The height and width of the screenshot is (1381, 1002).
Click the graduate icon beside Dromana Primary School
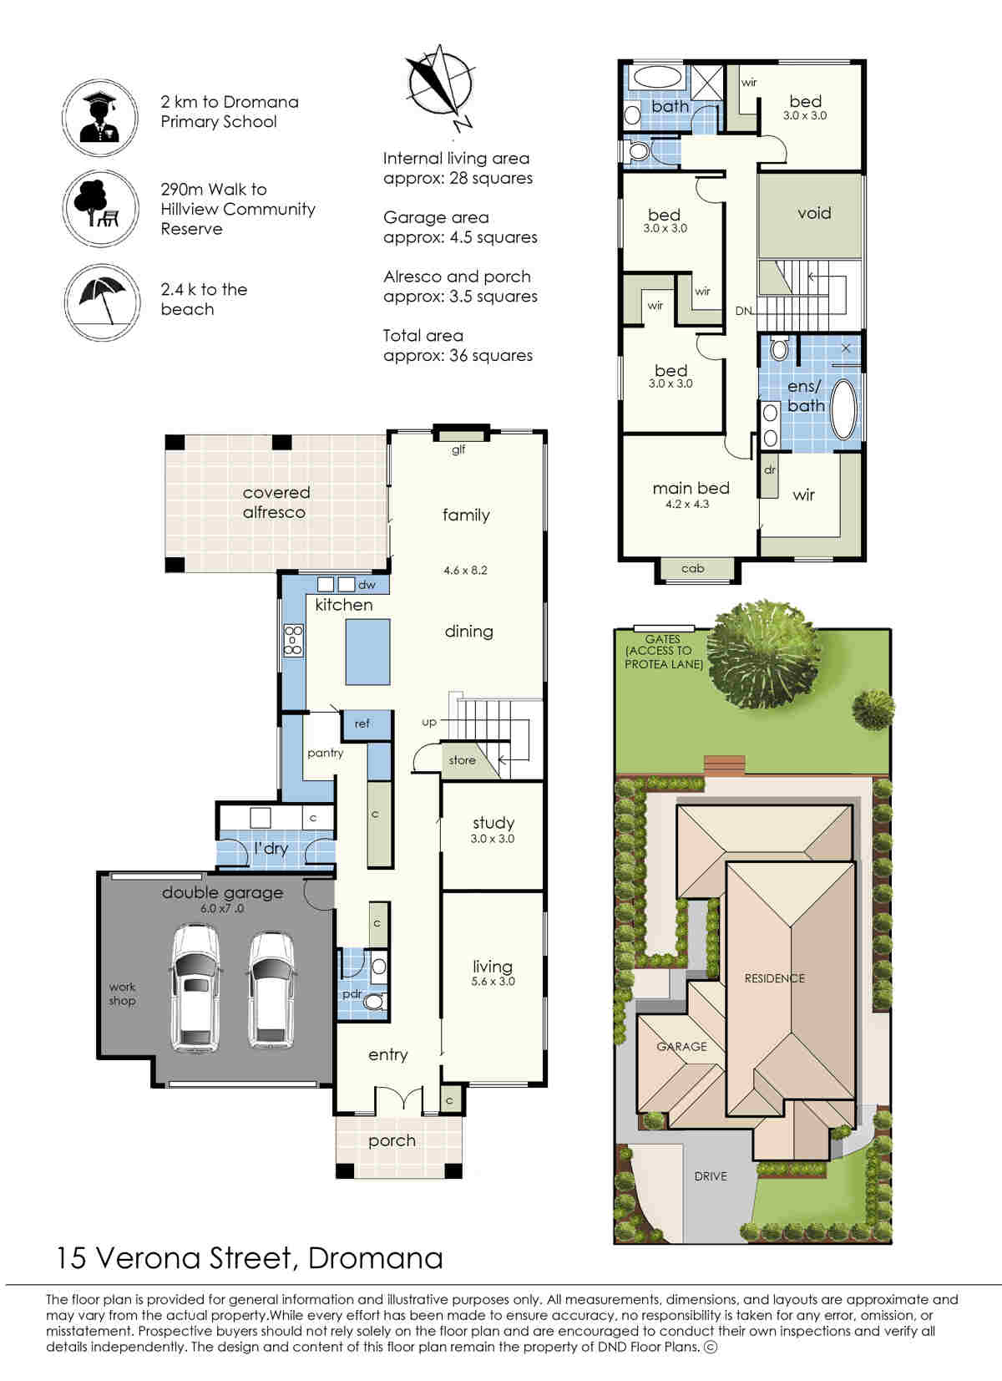coord(100,117)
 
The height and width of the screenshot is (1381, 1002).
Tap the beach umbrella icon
coord(102,302)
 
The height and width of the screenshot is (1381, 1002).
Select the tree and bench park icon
coord(100,208)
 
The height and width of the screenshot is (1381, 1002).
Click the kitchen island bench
coord(367,652)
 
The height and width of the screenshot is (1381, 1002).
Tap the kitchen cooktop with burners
coord(293,640)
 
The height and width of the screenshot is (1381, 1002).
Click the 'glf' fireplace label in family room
coord(458,449)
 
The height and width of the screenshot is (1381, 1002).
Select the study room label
coord(493,822)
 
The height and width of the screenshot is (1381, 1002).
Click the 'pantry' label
coord(326,753)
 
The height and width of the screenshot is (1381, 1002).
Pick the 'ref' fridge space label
coord(362,724)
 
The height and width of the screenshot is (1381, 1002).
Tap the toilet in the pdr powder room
coord(374,1002)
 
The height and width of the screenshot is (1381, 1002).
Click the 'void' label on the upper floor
coord(814,213)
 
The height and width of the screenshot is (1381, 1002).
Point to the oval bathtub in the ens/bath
coord(844,409)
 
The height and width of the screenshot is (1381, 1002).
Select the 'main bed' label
coord(691,488)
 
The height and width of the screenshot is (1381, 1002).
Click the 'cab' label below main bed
coord(693,568)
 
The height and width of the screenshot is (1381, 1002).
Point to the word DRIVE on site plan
coord(711,1176)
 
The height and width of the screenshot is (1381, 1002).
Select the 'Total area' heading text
coord(423,335)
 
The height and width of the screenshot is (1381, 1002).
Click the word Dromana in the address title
coord(375,1258)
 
